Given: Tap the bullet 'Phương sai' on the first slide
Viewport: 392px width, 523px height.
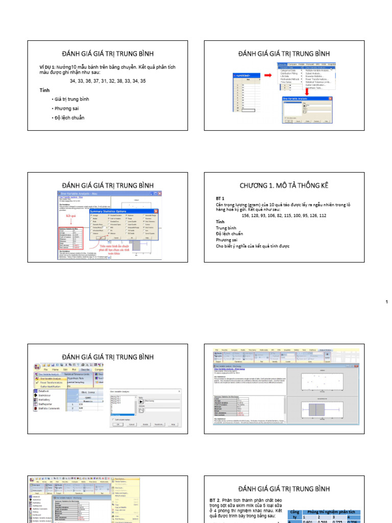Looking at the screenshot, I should (x=65, y=108).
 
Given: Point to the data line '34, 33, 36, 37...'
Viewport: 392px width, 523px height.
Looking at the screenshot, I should (x=108, y=81).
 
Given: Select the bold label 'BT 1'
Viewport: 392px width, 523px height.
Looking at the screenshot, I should (x=220, y=198).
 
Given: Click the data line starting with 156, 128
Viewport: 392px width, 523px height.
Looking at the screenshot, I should (x=284, y=216).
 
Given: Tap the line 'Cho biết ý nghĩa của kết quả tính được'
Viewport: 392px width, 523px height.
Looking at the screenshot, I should (x=253, y=246).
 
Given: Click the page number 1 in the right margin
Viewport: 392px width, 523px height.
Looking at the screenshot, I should (x=386, y=303).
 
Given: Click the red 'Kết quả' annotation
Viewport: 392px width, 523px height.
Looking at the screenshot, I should (x=70, y=216).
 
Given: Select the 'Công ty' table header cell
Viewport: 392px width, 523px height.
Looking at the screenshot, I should (x=295, y=515).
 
